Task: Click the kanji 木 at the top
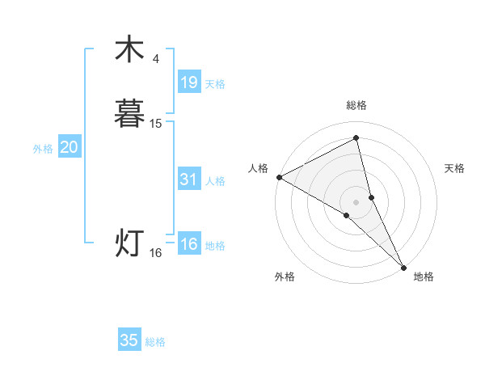[129, 50]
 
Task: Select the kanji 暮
[129, 113]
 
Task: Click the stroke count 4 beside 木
[156, 59]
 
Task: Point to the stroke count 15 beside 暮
[156, 124]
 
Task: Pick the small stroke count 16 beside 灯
[156, 253]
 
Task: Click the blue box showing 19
[188, 82]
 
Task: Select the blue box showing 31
[188, 180]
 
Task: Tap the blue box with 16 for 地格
[188, 245]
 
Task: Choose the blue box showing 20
[69, 148]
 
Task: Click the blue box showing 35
[129, 340]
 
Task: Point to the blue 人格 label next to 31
[215, 181]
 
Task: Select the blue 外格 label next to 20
[43, 149]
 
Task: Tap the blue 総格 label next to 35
[155, 342]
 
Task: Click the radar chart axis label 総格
[356, 105]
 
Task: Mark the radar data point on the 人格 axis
[279, 177]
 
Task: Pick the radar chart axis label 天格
[455, 168]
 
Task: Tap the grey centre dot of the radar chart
[356, 201]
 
